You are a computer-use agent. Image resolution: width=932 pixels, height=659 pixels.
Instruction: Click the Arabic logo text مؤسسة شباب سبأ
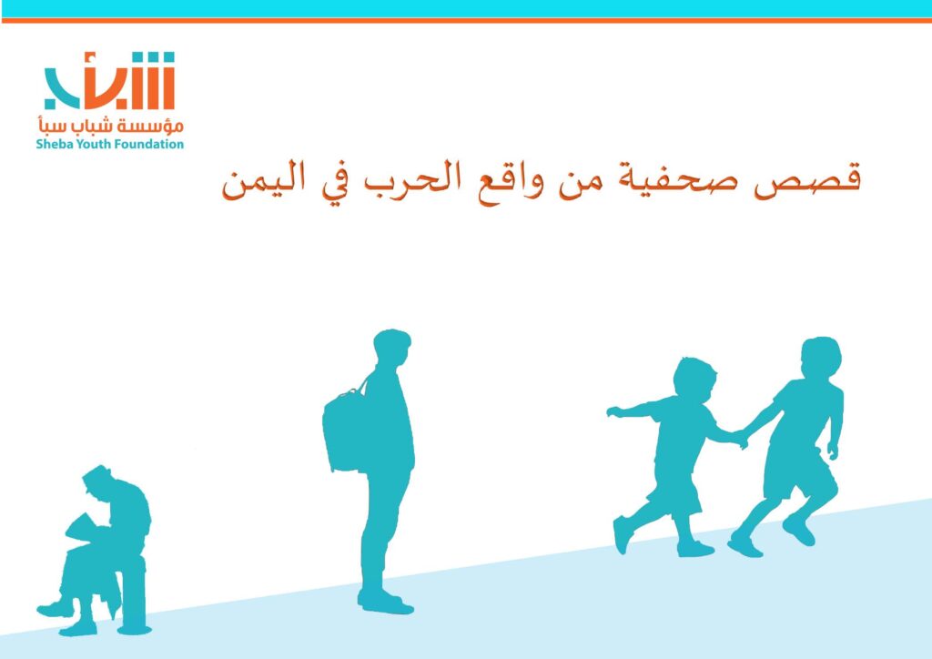(110, 126)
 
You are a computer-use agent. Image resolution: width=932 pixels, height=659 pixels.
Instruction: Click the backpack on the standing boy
(345, 429)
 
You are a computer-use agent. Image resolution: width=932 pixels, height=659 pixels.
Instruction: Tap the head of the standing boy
(391, 349)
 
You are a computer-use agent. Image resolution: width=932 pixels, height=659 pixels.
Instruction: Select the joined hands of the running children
(740, 439)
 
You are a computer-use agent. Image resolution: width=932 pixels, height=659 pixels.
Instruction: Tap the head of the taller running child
(821, 357)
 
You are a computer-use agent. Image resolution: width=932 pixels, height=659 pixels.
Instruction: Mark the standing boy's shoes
(385, 602)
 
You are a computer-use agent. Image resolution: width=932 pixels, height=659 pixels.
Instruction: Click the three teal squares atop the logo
(153, 57)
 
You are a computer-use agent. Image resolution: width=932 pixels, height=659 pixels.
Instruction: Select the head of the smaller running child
(694, 380)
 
